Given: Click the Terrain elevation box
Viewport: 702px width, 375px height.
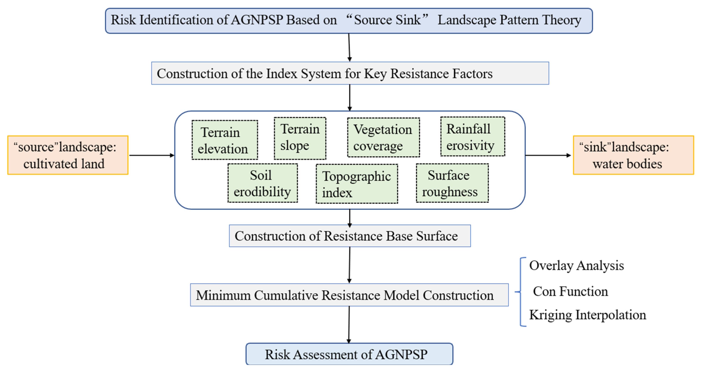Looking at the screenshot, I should point(225,140).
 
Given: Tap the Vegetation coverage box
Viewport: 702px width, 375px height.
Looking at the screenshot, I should point(383,137).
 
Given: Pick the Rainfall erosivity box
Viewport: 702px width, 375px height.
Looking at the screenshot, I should point(473,136).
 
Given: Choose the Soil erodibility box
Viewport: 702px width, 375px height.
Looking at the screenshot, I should point(262,183).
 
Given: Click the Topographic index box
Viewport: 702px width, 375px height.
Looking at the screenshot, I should point(356,184).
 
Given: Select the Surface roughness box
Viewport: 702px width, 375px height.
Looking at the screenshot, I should point(452,183).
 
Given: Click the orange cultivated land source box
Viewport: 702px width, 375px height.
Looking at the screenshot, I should point(68,155).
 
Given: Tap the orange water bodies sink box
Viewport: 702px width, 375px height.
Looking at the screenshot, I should point(633,155).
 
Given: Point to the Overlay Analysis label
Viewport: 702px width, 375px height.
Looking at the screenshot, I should point(576,265).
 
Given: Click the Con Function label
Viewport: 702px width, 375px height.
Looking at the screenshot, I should point(570,291).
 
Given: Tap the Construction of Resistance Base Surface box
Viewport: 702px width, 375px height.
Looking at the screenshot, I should point(350,236).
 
